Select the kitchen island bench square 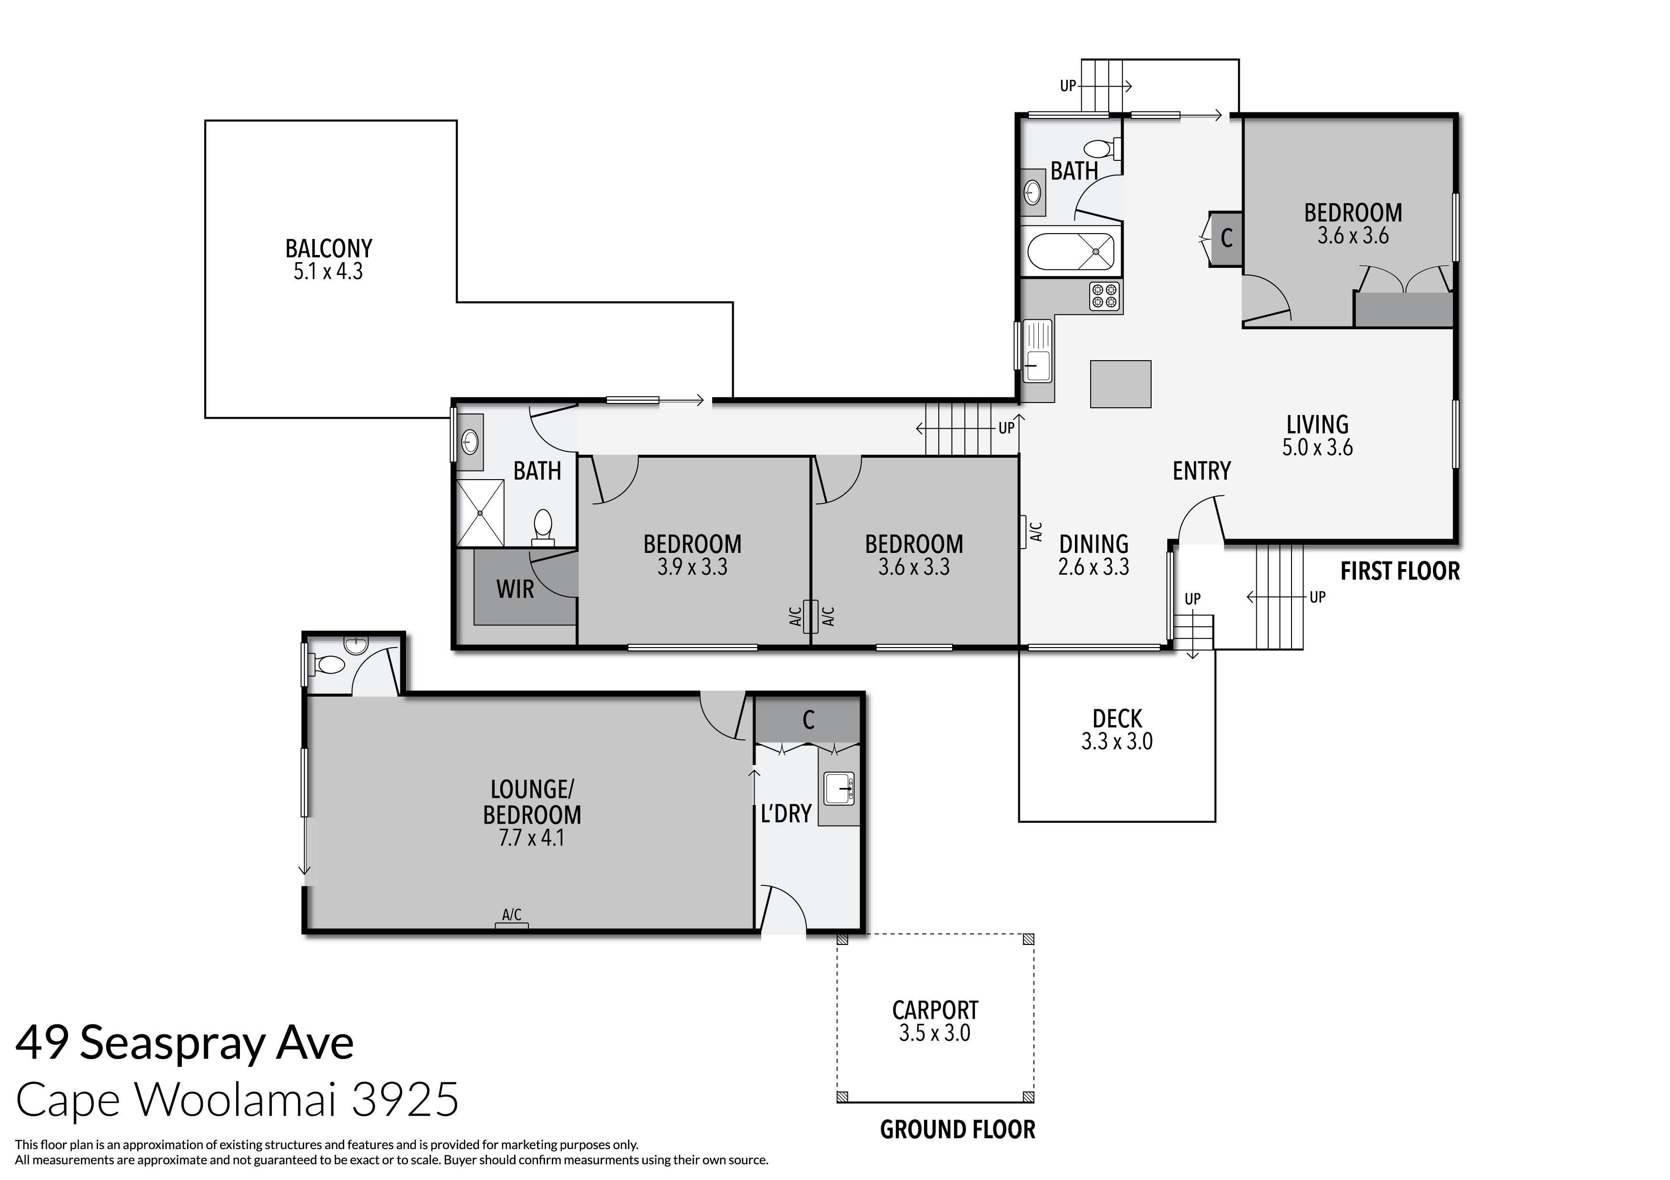[x=1120, y=383]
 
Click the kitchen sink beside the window [x=1036, y=361]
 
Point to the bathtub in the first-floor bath [x=1070, y=252]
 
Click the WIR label [x=515, y=589]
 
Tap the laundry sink [x=839, y=788]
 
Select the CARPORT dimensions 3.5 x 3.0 [x=934, y=1033]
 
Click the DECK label [x=1117, y=719]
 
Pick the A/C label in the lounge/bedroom [x=511, y=914]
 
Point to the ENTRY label [x=1202, y=471]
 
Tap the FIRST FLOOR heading [x=1400, y=571]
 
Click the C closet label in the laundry [x=808, y=720]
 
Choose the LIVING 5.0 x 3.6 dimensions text [x=1317, y=447]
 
